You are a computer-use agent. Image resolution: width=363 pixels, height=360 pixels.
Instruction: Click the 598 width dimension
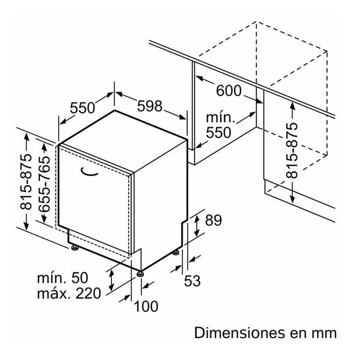pyautogui.click(x=149, y=106)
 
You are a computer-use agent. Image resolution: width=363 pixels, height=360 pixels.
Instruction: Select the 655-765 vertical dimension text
pyautogui.click(x=44, y=184)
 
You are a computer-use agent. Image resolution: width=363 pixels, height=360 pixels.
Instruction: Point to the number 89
pyautogui.click(x=214, y=220)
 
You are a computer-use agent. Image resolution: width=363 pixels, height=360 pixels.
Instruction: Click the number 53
pyautogui.click(x=192, y=281)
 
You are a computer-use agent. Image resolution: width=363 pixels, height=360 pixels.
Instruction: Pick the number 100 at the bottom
pyautogui.click(x=146, y=306)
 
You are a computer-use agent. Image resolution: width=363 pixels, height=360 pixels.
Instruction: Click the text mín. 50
pyautogui.click(x=63, y=278)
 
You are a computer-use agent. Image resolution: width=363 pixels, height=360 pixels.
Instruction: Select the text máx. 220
pyautogui.click(x=69, y=293)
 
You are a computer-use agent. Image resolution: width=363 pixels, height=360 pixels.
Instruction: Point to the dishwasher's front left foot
pyautogui.click(x=75, y=248)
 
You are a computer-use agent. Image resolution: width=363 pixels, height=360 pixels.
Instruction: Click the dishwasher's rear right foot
pyautogui.click(x=176, y=252)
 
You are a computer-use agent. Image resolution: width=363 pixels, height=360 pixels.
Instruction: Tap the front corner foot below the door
pyautogui.click(x=140, y=274)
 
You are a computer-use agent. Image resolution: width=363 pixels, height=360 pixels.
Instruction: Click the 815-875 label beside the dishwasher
pyautogui.click(x=26, y=181)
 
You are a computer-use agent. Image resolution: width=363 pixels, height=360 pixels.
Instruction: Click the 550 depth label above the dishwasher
pyautogui.click(x=82, y=108)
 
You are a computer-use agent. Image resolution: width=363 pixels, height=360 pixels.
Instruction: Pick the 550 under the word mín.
pyautogui.click(x=219, y=132)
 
